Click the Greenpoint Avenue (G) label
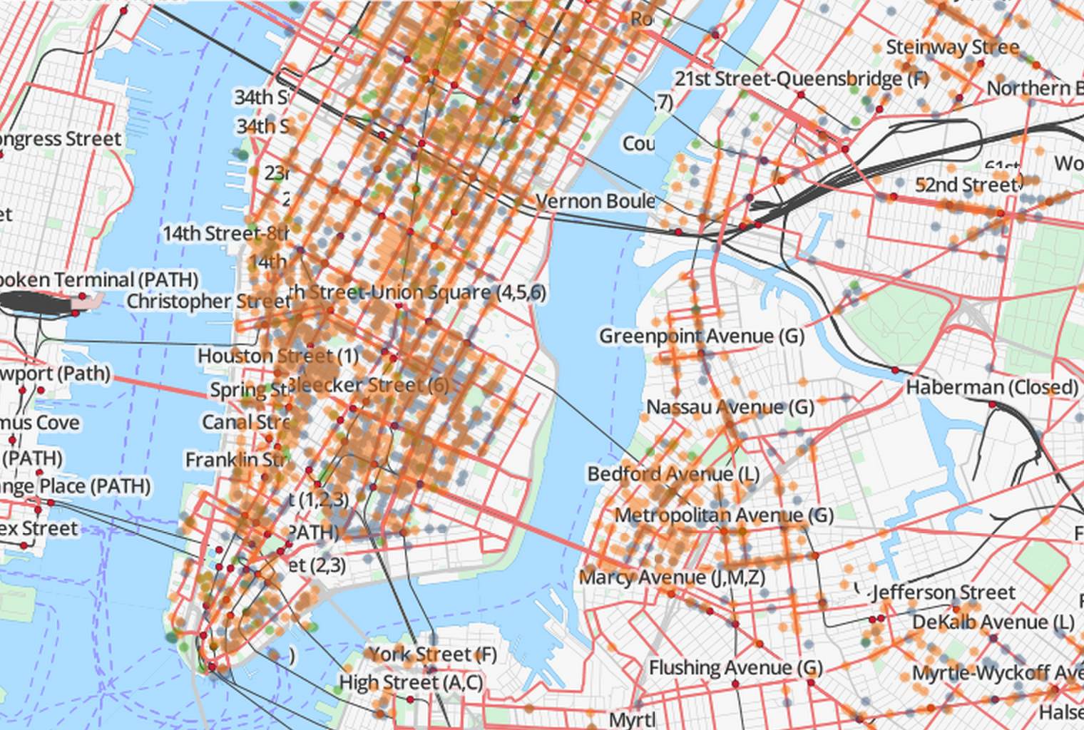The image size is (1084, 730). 701,336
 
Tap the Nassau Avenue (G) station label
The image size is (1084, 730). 730,407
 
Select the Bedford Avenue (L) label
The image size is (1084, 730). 673,474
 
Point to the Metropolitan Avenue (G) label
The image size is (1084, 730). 723,515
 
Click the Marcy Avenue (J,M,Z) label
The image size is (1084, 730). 671,577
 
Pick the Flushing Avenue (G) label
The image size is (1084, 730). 735,668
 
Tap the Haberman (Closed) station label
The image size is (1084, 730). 992,388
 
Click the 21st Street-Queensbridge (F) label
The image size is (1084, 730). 801,78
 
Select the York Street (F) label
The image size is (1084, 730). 432,654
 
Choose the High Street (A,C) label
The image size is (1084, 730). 411,683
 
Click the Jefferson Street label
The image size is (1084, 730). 943,592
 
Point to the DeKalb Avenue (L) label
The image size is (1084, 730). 993,622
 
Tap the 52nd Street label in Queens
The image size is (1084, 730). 967,185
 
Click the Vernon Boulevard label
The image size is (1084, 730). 595,201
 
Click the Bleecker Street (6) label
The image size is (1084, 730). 369,386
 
